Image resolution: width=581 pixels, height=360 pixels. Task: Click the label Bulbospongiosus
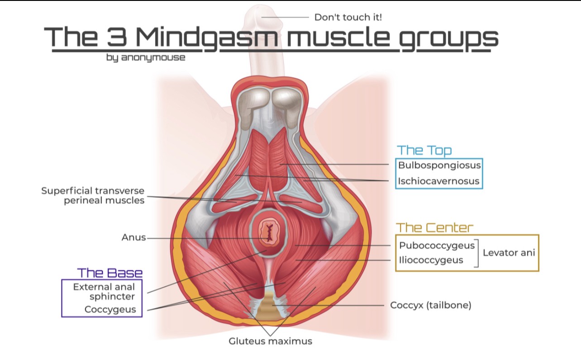(439, 165)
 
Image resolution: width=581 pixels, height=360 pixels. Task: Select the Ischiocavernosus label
(438, 181)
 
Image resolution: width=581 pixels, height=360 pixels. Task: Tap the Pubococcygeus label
(437, 246)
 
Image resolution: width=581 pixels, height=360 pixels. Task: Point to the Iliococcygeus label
(431, 260)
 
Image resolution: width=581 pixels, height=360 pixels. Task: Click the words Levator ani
(509, 253)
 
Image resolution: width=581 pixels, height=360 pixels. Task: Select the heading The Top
(424, 151)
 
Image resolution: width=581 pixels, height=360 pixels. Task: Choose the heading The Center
(434, 227)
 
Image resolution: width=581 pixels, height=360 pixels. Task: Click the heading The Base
(110, 273)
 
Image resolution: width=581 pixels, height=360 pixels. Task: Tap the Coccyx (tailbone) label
(430, 305)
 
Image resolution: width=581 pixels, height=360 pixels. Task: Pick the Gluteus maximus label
(270, 341)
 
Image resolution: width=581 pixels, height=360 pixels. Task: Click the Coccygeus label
(110, 310)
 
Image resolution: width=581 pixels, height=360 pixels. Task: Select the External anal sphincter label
(104, 292)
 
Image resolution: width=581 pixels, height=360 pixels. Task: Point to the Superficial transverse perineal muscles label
(93, 195)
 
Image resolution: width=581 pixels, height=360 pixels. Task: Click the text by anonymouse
(146, 58)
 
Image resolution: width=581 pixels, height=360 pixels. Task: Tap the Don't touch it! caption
(348, 18)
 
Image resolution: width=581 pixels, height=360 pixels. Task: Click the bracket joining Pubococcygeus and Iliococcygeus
(477, 253)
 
